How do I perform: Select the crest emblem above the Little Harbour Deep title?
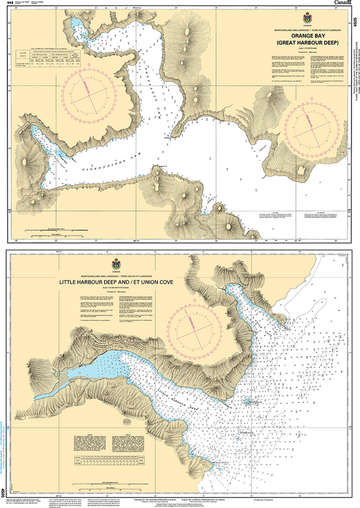pos(116,264)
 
